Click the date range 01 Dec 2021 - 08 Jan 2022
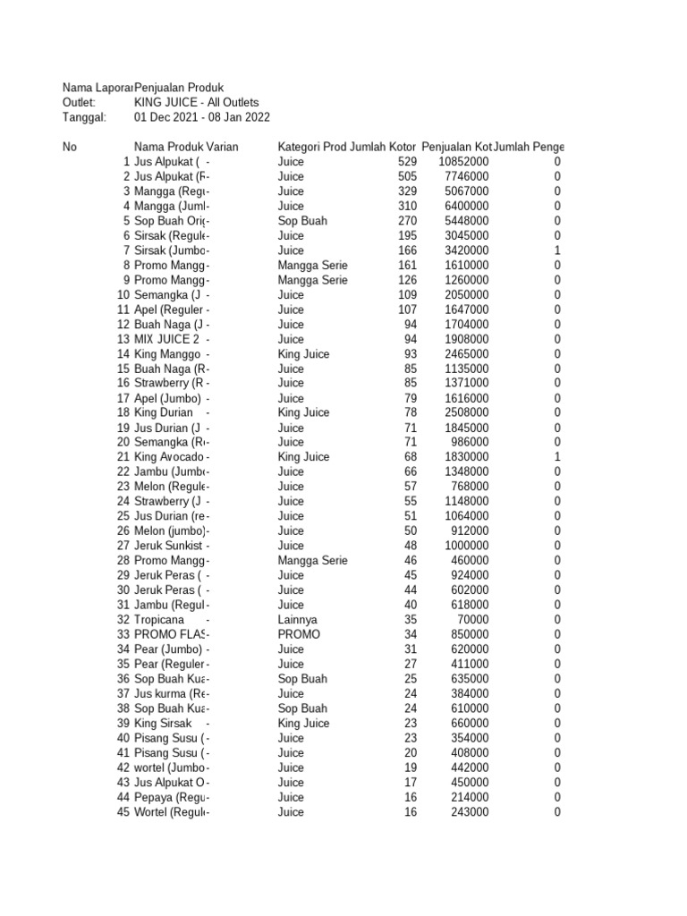click(x=201, y=117)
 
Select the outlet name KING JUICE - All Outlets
click(x=196, y=103)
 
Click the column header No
click(x=70, y=147)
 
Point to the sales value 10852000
click(x=463, y=162)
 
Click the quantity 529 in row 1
click(x=407, y=162)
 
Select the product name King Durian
click(x=163, y=412)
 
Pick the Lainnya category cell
click(x=297, y=619)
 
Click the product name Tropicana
click(x=158, y=619)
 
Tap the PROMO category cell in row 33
click(x=298, y=634)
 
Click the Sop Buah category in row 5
click(x=302, y=221)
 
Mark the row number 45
click(x=123, y=811)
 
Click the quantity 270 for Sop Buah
click(x=407, y=221)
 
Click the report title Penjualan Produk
click(x=184, y=88)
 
